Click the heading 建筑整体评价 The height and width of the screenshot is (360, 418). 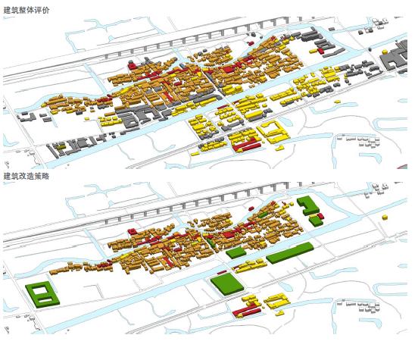coord(27,10)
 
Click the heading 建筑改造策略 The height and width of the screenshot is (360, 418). coord(26,176)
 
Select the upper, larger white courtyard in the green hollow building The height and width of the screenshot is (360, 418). coord(39,290)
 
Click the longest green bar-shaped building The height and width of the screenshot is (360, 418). coord(290,252)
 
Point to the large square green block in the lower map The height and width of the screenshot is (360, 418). coord(227,284)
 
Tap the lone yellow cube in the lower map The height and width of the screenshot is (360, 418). coord(385,218)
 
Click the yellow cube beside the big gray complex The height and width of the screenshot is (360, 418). coord(385,52)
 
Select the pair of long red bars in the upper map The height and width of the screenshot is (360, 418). coord(247,147)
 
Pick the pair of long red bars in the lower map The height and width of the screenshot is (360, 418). coord(247,312)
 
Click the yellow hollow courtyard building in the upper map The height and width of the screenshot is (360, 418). coord(273,133)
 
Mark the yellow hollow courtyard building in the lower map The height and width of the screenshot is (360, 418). coord(277,301)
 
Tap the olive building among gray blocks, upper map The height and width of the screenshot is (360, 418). coord(61,147)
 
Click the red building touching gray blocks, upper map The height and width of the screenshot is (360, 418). coord(320,51)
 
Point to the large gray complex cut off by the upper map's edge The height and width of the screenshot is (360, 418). coord(395,58)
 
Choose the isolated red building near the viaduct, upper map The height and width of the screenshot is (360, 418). coord(132,65)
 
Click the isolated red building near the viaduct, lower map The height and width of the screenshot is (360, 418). coord(132,231)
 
